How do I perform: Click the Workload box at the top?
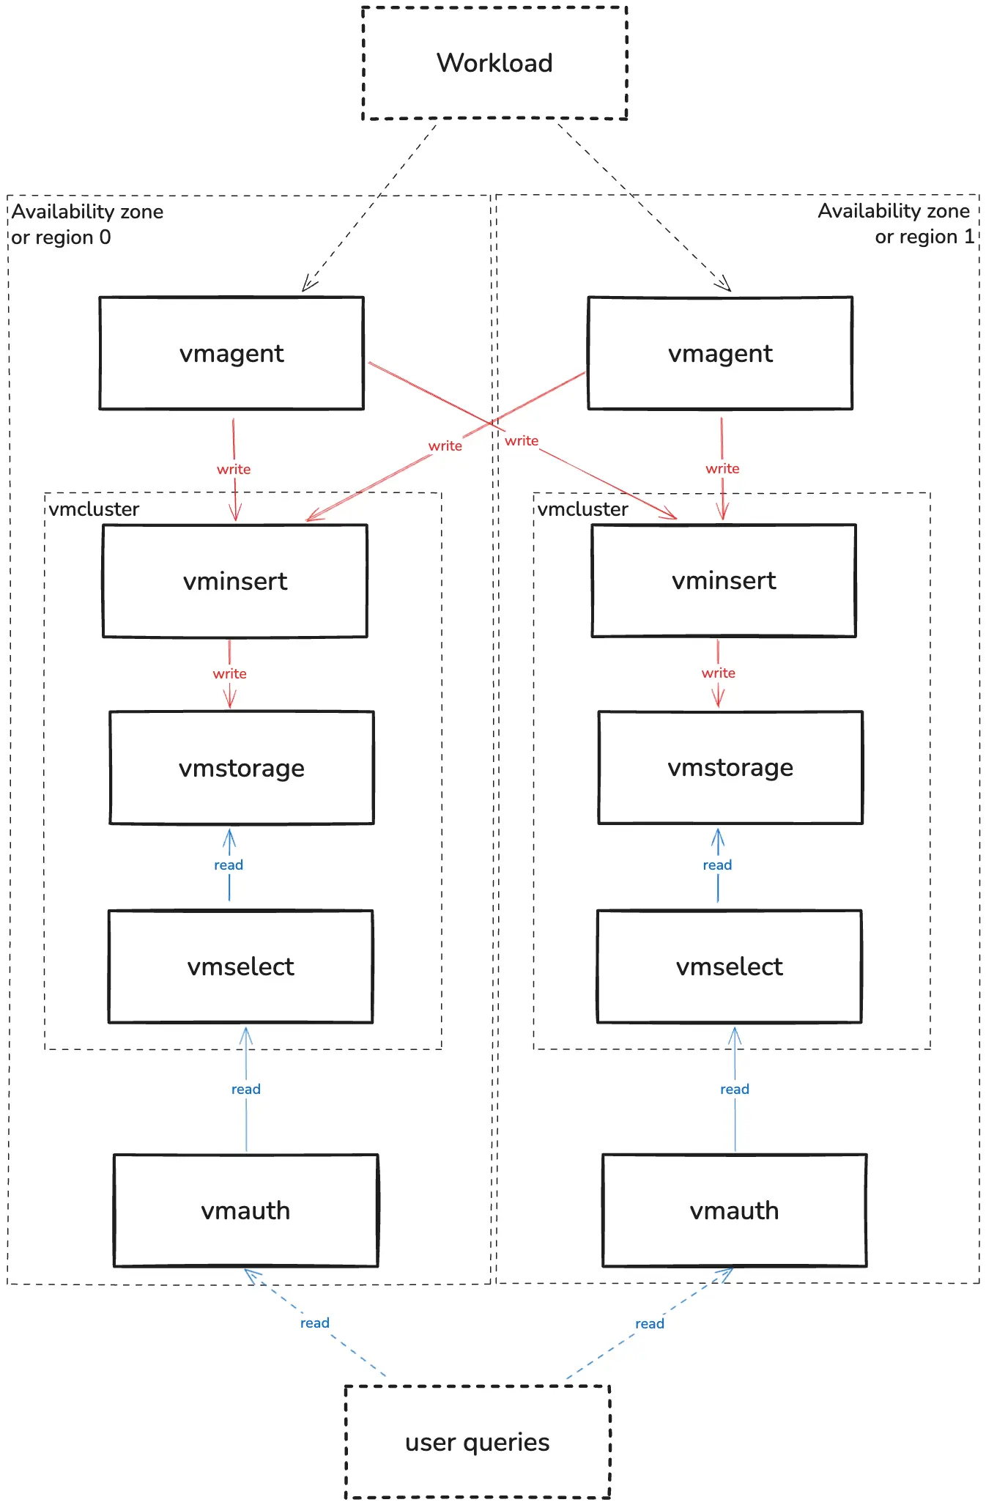coord(494,63)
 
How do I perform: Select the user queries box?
coord(477,1441)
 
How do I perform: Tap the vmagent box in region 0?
coord(231,353)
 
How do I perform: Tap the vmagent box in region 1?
coord(720,353)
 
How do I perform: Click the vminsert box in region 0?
coord(235,581)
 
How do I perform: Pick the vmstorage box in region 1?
coord(730,767)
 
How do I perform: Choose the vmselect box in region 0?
coord(240,966)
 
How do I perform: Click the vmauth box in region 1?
coord(734,1210)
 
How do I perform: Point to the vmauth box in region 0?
coord(245,1210)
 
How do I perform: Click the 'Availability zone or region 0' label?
coord(86,224)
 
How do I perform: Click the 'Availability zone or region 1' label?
coord(895,223)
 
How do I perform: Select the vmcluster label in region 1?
coord(583,509)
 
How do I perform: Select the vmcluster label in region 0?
coord(94,509)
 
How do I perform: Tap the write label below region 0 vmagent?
coord(234,469)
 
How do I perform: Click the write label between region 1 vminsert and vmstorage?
coord(718,673)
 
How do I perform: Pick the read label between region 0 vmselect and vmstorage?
coord(229,865)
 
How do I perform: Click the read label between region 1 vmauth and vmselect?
coord(734,1089)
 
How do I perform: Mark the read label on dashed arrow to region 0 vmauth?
coord(314,1323)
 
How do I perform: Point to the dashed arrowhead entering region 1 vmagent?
coord(724,285)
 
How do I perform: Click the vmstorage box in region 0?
coord(242,768)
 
